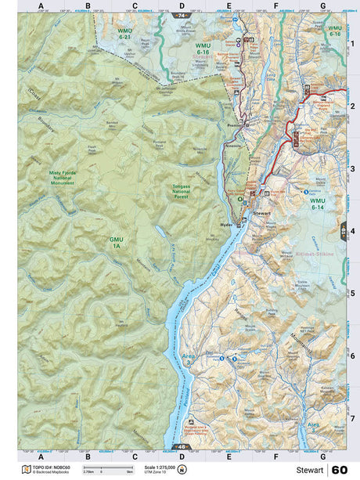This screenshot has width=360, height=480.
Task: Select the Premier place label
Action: coord(234,125)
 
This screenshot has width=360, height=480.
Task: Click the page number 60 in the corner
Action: coord(339,470)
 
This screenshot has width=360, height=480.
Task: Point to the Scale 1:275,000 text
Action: coord(159,467)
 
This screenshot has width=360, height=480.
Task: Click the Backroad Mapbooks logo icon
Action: coord(27,470)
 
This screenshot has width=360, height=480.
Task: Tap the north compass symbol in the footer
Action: coord(182,470)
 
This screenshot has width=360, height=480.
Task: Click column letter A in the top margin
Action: coord(40,5)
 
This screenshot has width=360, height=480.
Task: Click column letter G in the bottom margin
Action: coord(322,456)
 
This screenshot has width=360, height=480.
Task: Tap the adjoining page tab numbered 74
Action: coord(182,16)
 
